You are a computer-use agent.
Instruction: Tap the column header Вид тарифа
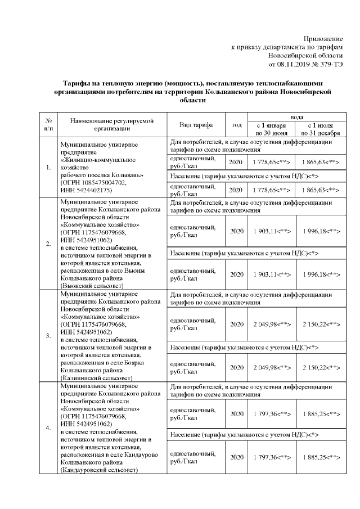click(x=196, y=124)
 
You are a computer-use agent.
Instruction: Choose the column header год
click(x=237, y=124)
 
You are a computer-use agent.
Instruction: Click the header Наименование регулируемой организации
click(x=111, y=124)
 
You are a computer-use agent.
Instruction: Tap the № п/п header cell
click(x=48, y=124)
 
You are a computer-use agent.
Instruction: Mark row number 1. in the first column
click(x=48, y=168)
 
